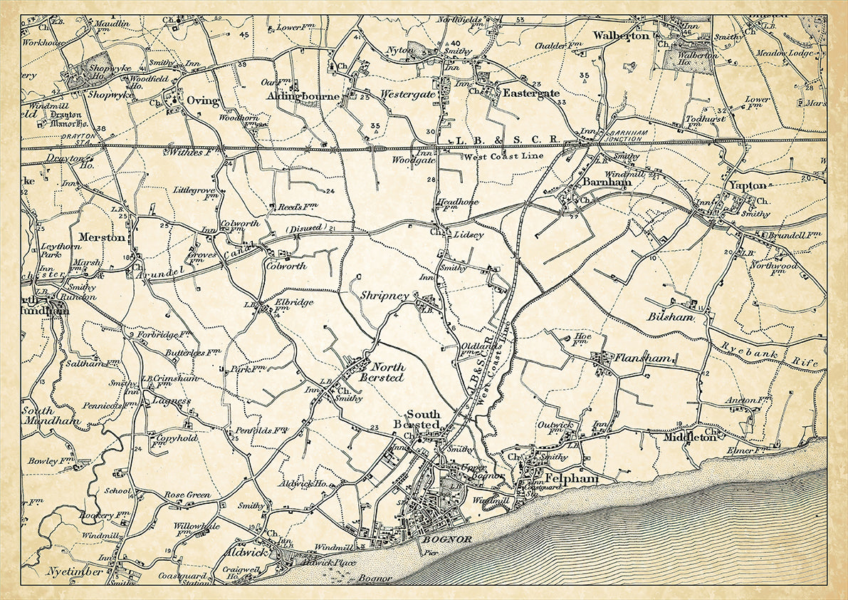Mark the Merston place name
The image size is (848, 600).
pyautogui.click(x=102, y=237)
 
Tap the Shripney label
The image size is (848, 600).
pyautogui.click(x=384, y=296)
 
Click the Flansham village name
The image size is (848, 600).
pyautogui.click(x=643, y=358)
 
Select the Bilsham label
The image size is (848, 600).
pyautogui.click(x=670, y=316)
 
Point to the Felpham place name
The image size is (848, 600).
pyautogui.click(x=571, y=480)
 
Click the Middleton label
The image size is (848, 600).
pyautogui.click(x=689, y=438)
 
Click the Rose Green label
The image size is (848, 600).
pyautogui.click(x=187, y=495)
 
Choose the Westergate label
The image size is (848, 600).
pyautogui.click(x=409, y=93)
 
